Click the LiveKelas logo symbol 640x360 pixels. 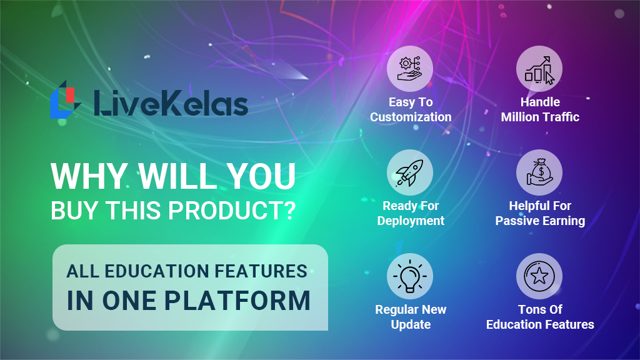click(64, 99)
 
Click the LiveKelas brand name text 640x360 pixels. click(171, 103)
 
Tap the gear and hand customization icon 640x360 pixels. click(410, 69)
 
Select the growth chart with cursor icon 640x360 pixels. click(539, 69)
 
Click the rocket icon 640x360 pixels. click(409, 172)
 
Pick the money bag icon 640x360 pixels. click(539, 172)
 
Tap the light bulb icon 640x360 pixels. click(410, 276)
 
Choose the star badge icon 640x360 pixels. click(539, 276)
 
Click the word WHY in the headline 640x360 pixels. click(89, 176)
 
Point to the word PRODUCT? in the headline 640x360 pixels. click(232, 211)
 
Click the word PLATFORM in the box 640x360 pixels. click(237, 301)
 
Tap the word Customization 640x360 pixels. click(411, 117)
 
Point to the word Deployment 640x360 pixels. click(411, 221)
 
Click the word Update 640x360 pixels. click(411, 325)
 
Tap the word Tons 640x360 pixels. click(530, 309)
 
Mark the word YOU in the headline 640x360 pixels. click(261, 176)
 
